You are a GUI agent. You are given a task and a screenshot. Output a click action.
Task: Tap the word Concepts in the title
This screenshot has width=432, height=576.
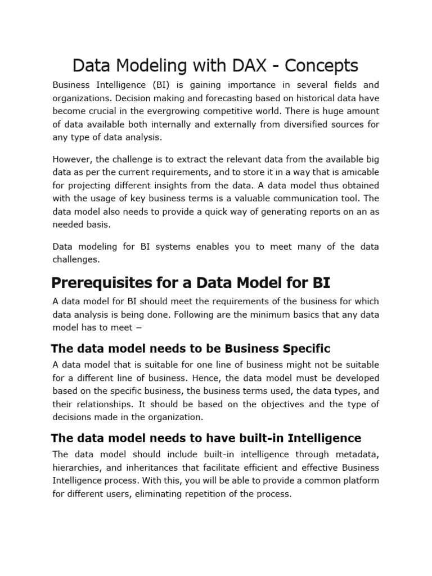pos(321,66)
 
